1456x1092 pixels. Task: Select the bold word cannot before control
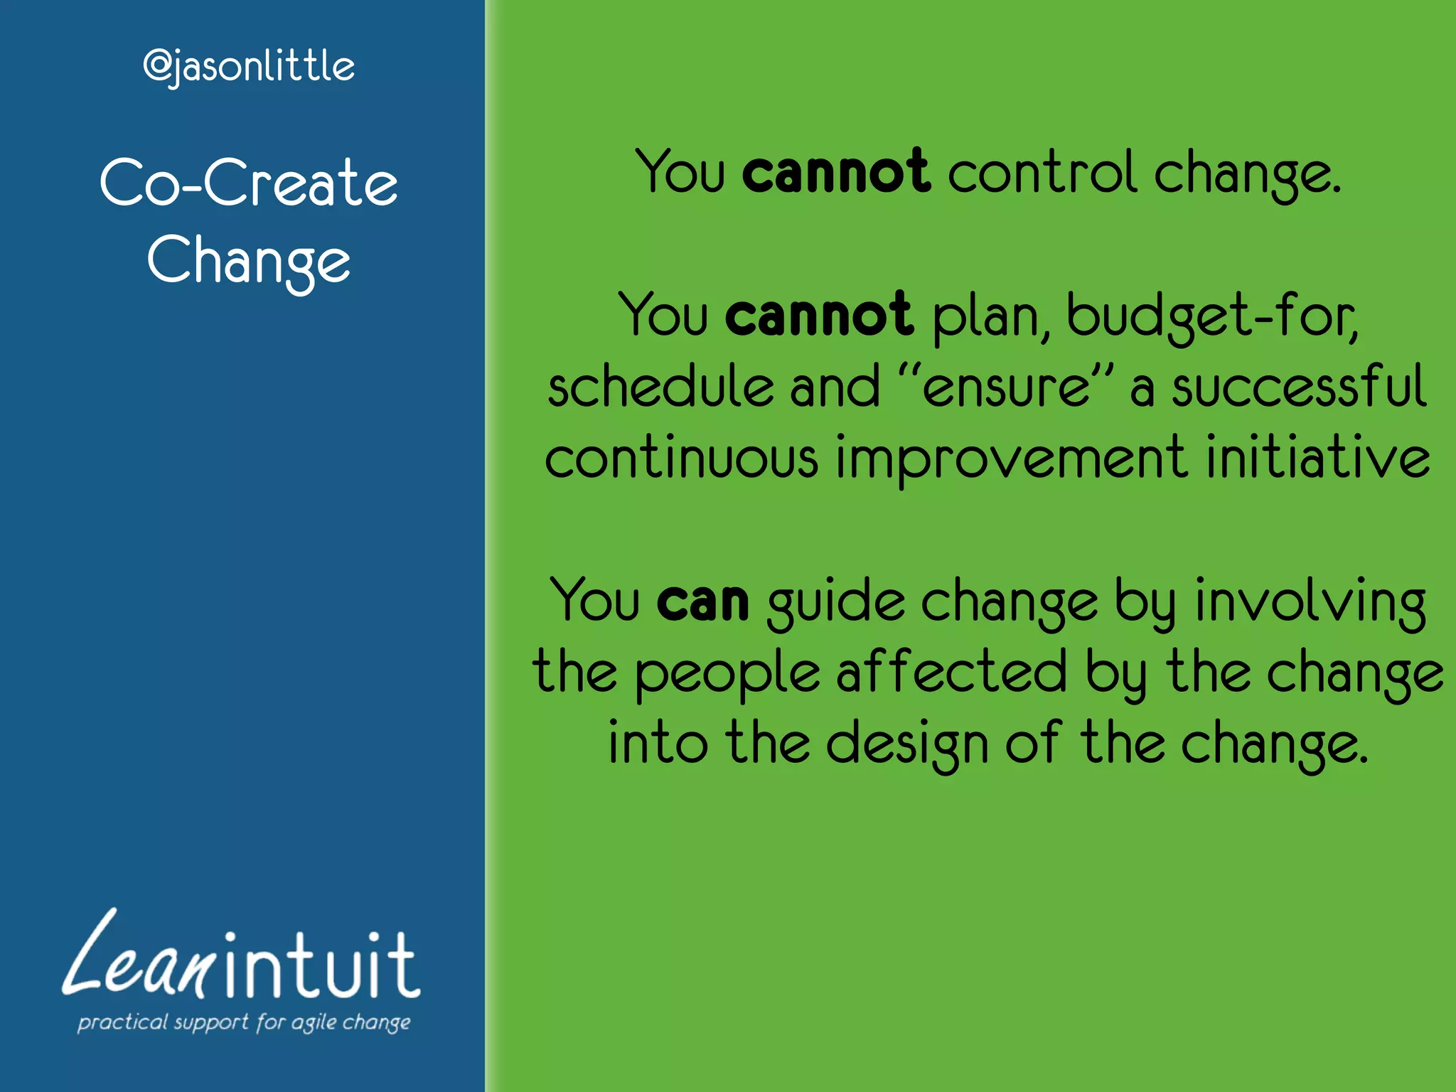pos(835,173)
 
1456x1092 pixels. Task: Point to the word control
pos(1042,173)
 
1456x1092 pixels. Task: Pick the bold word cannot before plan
pos(818,316)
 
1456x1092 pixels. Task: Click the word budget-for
pos(1211,316)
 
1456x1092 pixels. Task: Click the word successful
pos(1298,387)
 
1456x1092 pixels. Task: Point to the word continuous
pos(682,459)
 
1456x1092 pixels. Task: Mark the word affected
pos(951,672)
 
